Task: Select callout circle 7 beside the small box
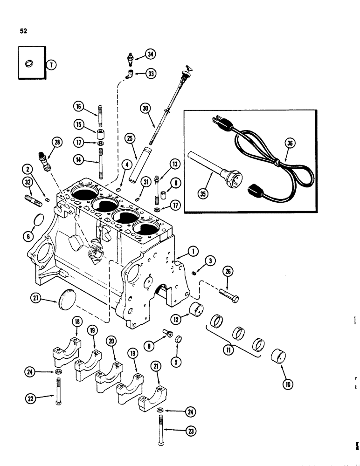point(52,65)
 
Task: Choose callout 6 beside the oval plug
point(29,236)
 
